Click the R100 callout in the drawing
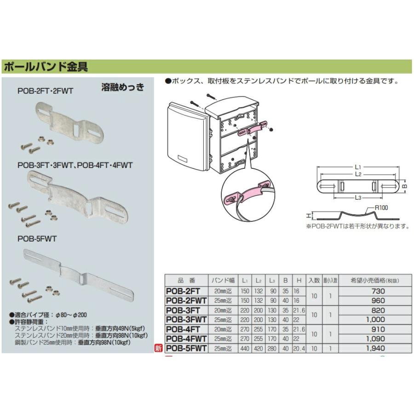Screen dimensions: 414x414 pos(381,208)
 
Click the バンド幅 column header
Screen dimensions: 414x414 pos(223,280)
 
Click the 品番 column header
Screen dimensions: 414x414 pos(186,280)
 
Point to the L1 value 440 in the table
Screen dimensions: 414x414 pos(246,349)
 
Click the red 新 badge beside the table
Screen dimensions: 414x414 pos(159,349)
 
